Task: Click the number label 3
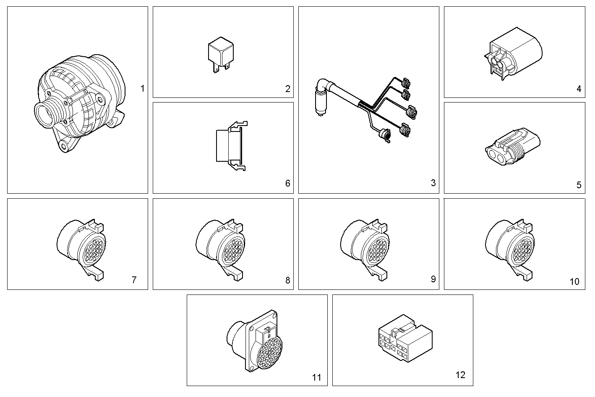(433, 183)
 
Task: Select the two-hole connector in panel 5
(512, 149)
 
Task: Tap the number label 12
(460, 375)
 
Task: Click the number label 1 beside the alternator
(142, 89)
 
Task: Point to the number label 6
(287, 183)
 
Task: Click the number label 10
(574, 281)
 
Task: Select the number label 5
(579, 185)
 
